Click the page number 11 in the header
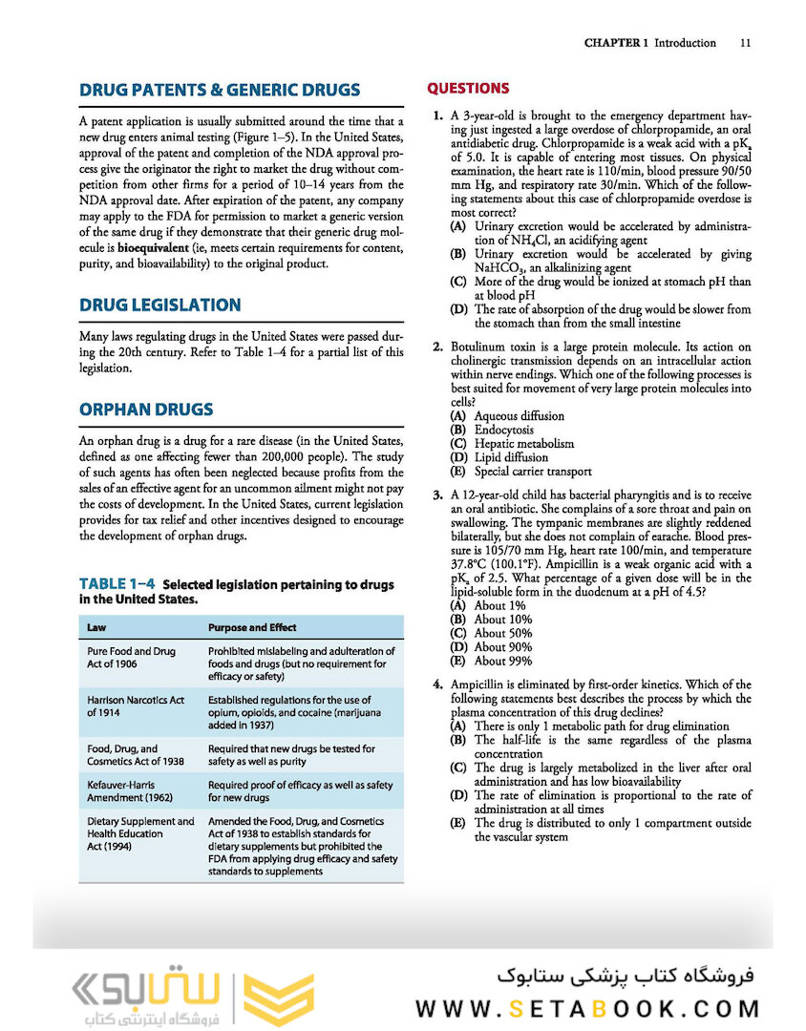click(746, 43)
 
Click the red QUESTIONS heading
click(468, 89)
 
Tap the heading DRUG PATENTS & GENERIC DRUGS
click(220, 91)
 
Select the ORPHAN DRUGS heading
click(146, 410)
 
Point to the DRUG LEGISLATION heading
click(159, 305)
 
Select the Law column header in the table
click(96, 627)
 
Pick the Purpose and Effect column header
click(252, 627)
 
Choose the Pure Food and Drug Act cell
click(132, 658)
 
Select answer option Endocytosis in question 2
click(504, 430)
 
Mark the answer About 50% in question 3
click(503, 633)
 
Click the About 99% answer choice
click(503, 661)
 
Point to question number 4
click(436, 684)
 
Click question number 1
click(436, 116)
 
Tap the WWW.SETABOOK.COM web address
click(587, 1008)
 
